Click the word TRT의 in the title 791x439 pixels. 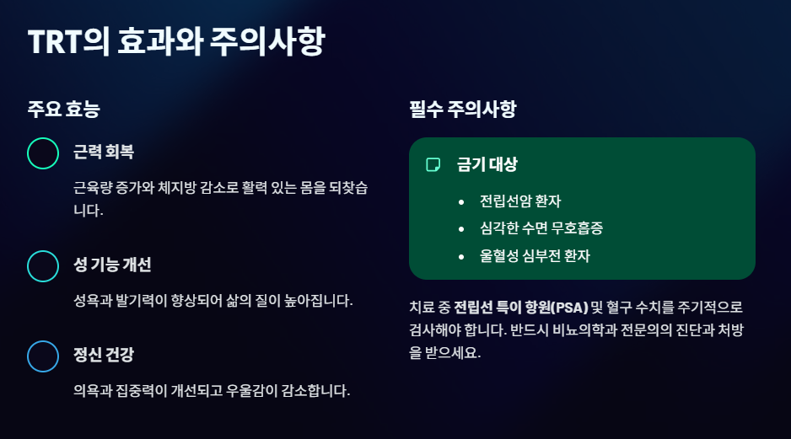(x=68, y=41)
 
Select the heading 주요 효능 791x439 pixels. (x=64, y=110)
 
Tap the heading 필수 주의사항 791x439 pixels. (x=463, y=110)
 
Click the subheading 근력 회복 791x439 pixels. (x=104, y=152)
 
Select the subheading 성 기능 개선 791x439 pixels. (x=112, y=265)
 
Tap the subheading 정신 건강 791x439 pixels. (x=104, y=355)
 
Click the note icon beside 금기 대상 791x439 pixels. (x=433, y=165)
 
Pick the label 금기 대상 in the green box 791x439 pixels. (x=487, y=164)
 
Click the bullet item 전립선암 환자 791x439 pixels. (x=520, y=201)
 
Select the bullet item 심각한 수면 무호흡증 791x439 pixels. (x=541, y=228)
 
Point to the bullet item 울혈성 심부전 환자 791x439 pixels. (x=535, y=255)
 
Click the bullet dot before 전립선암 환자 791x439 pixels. (x=461, y=202)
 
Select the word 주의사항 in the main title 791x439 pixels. (x=267, y=41)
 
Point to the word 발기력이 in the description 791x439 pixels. (x=142, y=301)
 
